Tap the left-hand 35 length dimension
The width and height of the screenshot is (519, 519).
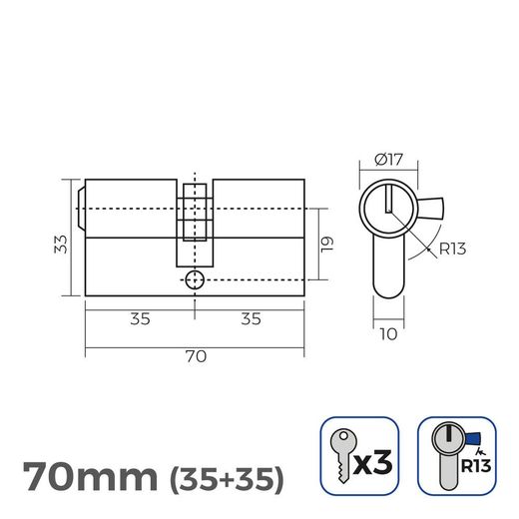(x=140, y=320)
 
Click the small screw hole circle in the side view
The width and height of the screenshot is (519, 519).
(x=195, y=280)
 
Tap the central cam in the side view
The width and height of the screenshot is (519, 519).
(x=195, y=213)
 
